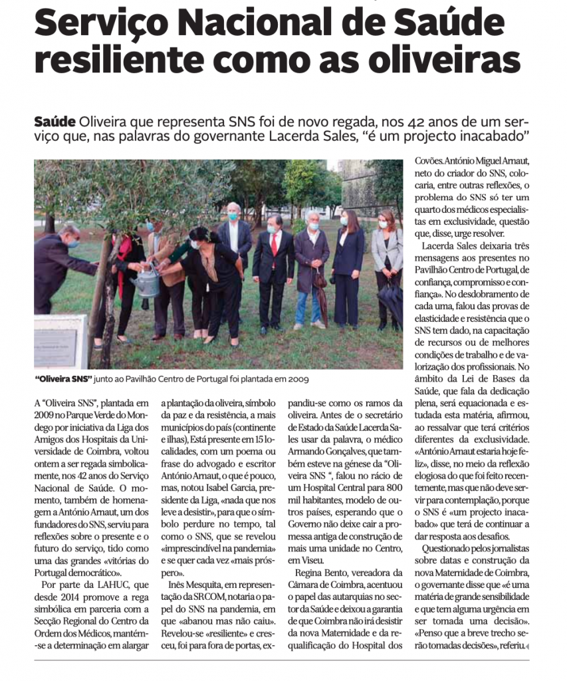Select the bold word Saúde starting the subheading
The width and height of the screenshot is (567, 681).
pyautogui.click(x=55, y=122)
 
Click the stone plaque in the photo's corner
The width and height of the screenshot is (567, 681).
pyautogui.click(x=58, y=342)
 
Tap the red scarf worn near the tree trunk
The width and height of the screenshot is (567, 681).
pyautogui.click(x=120, y=266)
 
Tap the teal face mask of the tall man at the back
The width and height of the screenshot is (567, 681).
pyautogui.click(x=233, y=216)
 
